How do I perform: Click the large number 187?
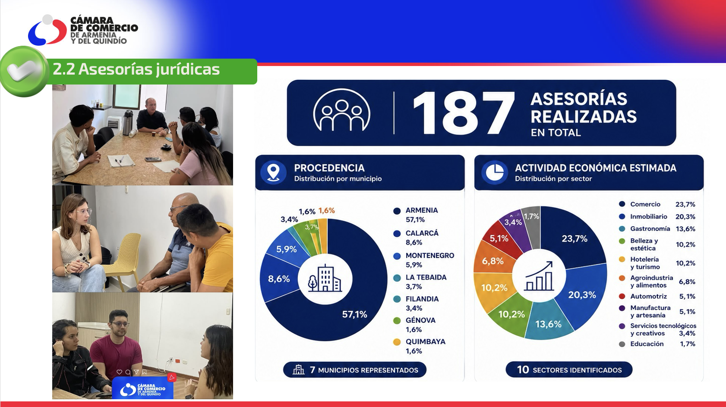click(x=464, y=113)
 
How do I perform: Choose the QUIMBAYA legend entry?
click(x=420, y=346)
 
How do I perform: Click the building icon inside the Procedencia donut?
click(x=325, y=279)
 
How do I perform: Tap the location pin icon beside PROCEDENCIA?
click(x=273, y=172)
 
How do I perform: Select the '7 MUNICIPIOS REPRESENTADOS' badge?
click(x=354, y=370)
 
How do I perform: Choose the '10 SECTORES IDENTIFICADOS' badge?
click(x=569, y=370)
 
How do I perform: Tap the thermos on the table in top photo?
click(x=128, y=122)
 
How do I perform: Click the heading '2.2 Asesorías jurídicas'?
click(x=136, y=69)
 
